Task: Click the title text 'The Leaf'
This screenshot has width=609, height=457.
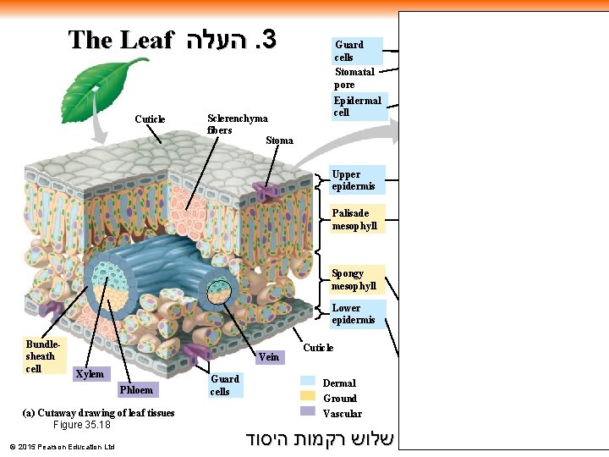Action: point(120,40)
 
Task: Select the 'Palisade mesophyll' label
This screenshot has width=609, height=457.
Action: point(354,219)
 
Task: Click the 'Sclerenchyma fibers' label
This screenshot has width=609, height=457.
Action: point(237,124)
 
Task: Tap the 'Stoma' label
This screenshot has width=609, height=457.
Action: point(279,140)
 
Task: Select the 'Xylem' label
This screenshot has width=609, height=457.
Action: point(90,373)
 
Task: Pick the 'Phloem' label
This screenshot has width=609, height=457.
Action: point(136,389)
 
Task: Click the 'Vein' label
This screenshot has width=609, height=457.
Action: point(268,357)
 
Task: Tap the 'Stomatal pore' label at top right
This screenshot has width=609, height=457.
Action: point(354,79)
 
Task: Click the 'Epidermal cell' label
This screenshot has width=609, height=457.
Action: point(357,107)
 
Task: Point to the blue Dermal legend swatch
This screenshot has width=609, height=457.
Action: point(307,382)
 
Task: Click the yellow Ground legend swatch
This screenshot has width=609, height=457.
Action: point(307,397)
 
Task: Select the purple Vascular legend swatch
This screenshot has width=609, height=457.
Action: point(307,412)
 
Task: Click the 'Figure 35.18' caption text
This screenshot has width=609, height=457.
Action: point(81,425)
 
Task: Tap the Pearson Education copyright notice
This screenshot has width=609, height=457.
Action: point(61,446)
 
